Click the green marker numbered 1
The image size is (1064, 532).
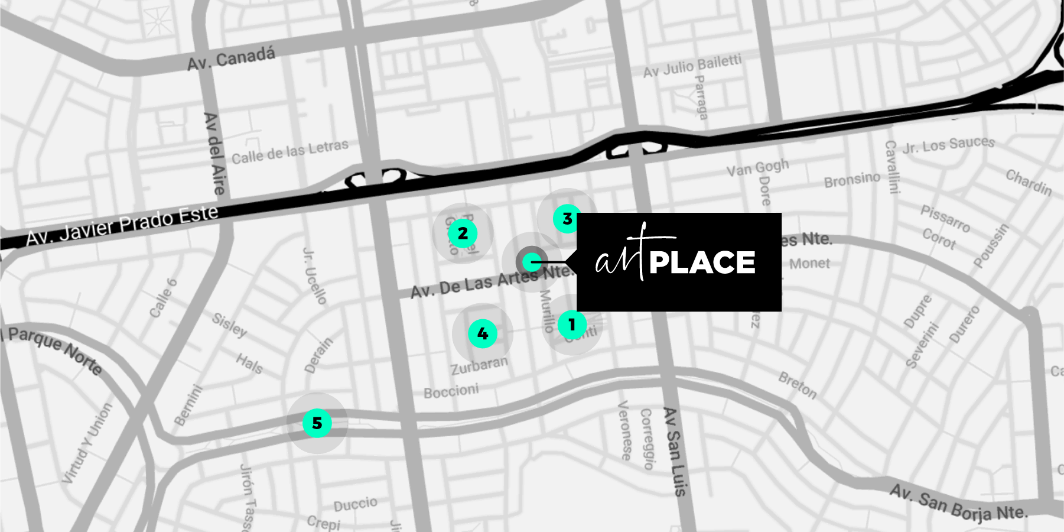tap(572, 325)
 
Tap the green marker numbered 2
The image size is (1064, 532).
tap(463, 233)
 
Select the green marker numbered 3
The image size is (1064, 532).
tap(567, 219)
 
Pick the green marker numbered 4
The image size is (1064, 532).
tap(483, 334)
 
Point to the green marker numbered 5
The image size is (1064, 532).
tap(317, 423)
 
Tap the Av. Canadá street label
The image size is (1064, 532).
tap(231, 59)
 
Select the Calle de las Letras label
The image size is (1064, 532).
tap(289, 151)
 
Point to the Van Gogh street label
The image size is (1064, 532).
tap(757, 168)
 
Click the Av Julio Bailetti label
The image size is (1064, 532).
tap(692, 66)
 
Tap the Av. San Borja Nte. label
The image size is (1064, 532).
tap(959, 502)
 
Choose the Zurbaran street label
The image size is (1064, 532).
tap(479, 365)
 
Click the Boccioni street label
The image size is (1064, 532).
tap(451, 391)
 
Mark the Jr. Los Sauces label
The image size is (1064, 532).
tap(948, 144)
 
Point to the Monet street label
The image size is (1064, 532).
tap(809, 264)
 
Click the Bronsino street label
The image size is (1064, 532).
tap(852, 180)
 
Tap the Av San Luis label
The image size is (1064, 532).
tap(674, 452)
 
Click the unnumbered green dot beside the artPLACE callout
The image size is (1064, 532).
tap(532, 261)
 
